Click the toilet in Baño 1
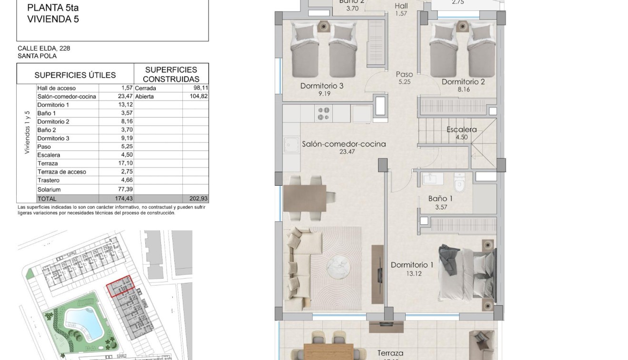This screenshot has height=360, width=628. (x=459, y=182)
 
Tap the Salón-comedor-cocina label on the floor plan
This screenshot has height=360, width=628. (x=344, y=144)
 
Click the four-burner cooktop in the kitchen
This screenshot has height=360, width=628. (x=324, y=113)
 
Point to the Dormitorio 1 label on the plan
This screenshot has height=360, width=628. (x=412, y=265)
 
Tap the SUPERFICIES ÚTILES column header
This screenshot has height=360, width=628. (x=75, y=75)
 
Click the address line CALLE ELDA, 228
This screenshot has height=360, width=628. (x=44, y=48)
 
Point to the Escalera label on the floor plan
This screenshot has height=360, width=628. (x=461, y=130)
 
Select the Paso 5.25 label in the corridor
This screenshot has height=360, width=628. (x=404, y=78)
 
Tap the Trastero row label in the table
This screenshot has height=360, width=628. (x=49, y=180)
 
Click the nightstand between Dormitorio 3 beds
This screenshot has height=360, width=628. (x=324, y=27)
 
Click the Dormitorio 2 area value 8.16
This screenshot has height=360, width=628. (x=463, y=89)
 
